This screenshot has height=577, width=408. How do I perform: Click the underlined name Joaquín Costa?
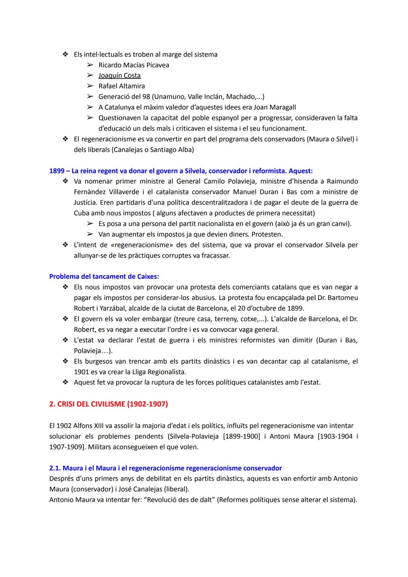[119, 76]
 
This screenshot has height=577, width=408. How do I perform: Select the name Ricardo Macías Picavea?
[134, 65]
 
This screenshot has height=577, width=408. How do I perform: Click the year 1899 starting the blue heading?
[57, 171]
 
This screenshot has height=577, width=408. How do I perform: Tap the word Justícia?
[85, 203]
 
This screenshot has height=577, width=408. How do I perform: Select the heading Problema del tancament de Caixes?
[104, 277]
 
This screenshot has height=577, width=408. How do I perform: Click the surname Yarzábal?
[112, 308]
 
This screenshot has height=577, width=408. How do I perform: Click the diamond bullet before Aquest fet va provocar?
[65, 383]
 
